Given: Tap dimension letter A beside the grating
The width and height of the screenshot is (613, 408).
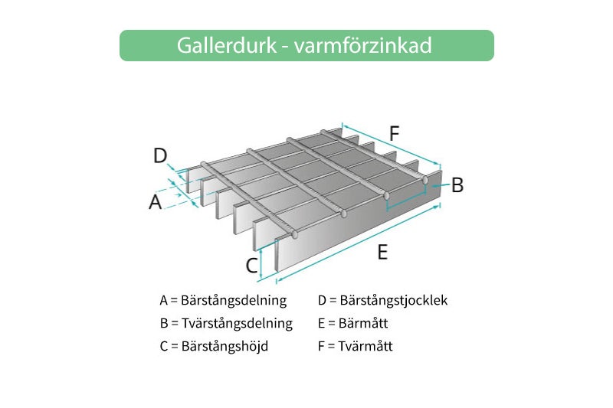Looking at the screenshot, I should tap(156, 202).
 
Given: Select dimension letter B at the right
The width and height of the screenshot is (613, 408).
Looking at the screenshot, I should tap(457, 184).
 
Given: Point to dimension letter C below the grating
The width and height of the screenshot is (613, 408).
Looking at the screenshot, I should tap(251, 265).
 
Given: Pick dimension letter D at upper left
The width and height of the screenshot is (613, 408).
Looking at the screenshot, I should tap(159, 156).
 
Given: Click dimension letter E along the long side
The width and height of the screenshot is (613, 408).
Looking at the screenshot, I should tap(382, 251).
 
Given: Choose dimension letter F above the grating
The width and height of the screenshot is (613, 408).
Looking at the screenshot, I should tap(394, 132).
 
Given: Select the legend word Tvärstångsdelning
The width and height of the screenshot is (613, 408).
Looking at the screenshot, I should tap(237, 323).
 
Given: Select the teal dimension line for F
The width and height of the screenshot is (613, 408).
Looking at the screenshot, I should tap(391, 144).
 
